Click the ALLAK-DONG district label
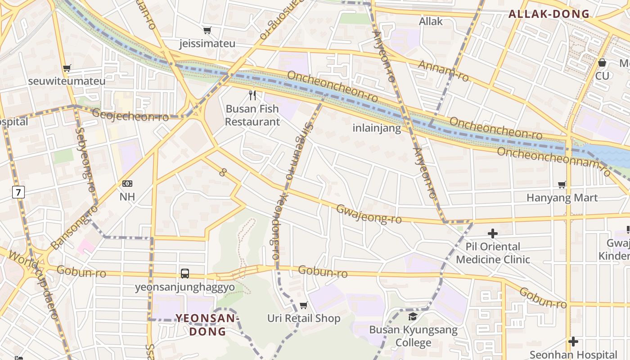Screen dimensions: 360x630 point(549,14)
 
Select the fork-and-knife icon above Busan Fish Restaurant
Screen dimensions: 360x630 point(252,95)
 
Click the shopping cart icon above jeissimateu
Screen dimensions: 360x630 point(207,30)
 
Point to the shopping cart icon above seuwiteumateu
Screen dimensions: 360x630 point(67,68)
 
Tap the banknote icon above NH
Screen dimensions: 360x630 point(127,184)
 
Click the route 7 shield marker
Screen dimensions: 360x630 point(18,193)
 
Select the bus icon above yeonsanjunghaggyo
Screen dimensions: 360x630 point(184,273)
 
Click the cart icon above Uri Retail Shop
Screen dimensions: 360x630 point(304,306)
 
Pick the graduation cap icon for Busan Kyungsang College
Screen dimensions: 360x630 point(413,316)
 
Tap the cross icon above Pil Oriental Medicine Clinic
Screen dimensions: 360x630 point(493,234)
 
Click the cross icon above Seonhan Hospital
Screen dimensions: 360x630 point(573,342)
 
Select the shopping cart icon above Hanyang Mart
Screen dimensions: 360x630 point(562,184)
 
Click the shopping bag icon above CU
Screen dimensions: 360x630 point(602,63)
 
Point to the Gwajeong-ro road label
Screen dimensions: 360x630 point(369,214)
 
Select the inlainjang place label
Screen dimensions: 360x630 point(376,128)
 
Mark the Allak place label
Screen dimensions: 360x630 point(431,21)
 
